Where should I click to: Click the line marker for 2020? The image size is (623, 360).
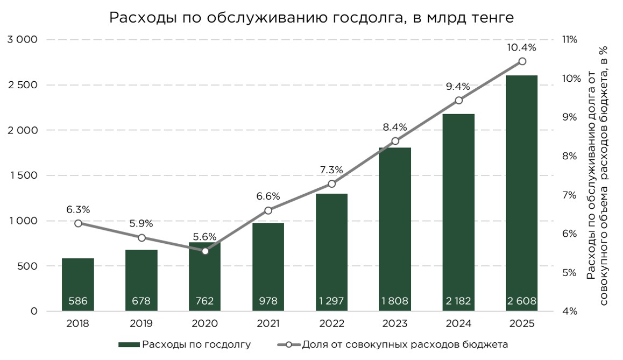point(205,251)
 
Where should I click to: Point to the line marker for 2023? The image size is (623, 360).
point(395,141)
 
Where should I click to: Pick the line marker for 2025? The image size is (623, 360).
point(522,61)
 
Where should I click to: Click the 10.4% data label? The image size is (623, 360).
point(521,47)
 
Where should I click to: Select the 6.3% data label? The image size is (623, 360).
point(78,209)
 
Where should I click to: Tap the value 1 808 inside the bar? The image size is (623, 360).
point(395,301)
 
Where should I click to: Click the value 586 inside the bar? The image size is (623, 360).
point(78,301)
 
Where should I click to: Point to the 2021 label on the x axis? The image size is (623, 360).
point(268,323)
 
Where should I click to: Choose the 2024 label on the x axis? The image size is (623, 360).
point(458,323)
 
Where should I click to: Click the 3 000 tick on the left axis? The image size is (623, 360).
point(22,39)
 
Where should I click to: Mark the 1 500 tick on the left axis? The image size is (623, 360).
point(22,175)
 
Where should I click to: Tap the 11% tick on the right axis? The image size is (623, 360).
point(570,39)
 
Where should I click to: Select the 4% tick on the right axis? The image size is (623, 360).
point(570,311)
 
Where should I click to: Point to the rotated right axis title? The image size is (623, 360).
point(598,175)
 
